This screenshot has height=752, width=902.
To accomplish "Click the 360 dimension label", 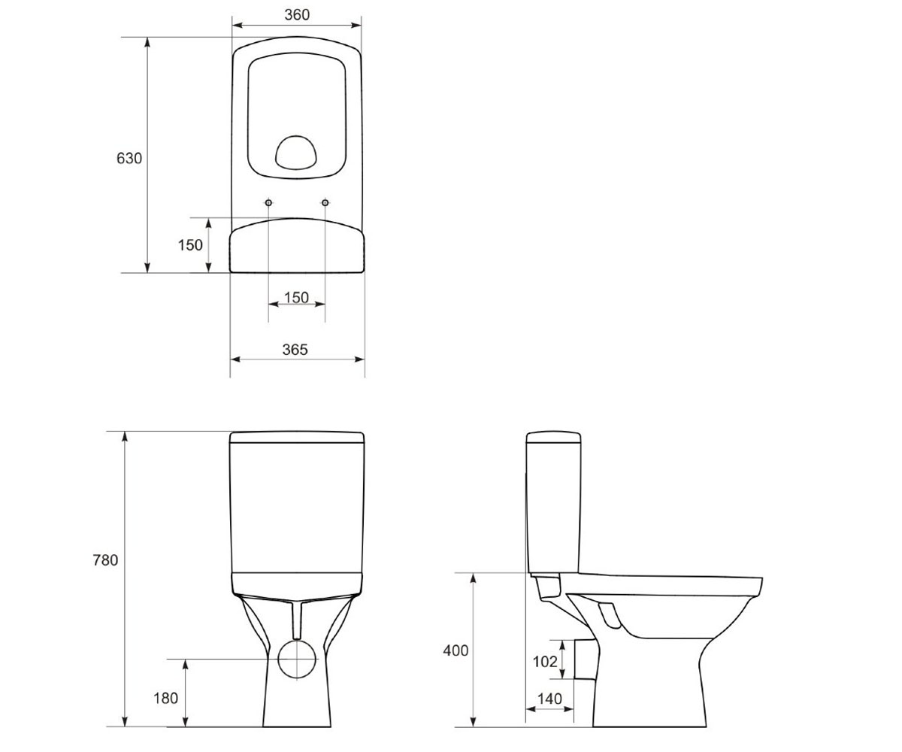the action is tap(297, 15).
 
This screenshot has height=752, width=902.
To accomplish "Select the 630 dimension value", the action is tap(129, 158).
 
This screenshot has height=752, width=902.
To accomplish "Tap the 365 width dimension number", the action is tap(295, 349).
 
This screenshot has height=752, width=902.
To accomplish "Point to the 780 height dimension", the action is tap(105, 560).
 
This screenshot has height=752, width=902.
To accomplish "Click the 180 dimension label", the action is tap(166, 698).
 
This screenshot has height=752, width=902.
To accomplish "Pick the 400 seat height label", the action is tap(456, 650).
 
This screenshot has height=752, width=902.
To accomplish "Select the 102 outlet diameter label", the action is tap(545, 661).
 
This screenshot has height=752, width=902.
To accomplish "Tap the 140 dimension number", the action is tap(549, 699).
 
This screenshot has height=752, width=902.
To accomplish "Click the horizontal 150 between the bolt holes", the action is tap(296, 297).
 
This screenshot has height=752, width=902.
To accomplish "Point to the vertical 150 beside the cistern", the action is tap(190, 245).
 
